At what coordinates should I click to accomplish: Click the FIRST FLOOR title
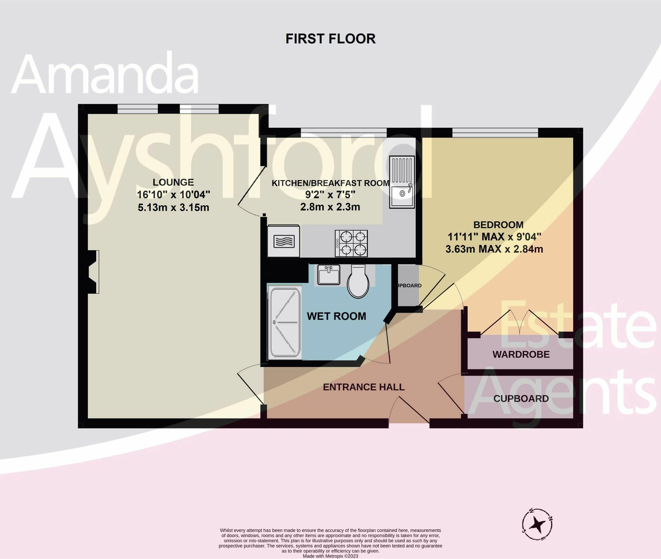(x=330, y=39)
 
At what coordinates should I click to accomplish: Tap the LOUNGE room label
(x=173, y=182)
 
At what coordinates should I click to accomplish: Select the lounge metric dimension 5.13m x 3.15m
(x=173, y=207)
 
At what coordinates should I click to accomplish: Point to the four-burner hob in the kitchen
(x=351, y=243)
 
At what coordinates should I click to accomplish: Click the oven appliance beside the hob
(x=284, y=241)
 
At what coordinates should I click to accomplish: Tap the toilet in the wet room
(x=358, y=281)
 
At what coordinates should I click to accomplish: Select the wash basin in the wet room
(x=329, y=275)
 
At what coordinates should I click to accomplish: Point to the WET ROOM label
(x=336, y=316)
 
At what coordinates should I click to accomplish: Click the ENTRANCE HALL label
(x=363, y=387)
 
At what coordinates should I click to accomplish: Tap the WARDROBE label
(x=521, y=354)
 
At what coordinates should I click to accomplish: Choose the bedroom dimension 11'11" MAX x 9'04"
(x=494, y=237)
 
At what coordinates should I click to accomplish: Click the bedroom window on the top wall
(x=495, y=133)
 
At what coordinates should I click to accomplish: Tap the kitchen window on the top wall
(x=343, y=133)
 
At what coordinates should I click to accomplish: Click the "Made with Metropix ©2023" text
(x=330, y=556)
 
